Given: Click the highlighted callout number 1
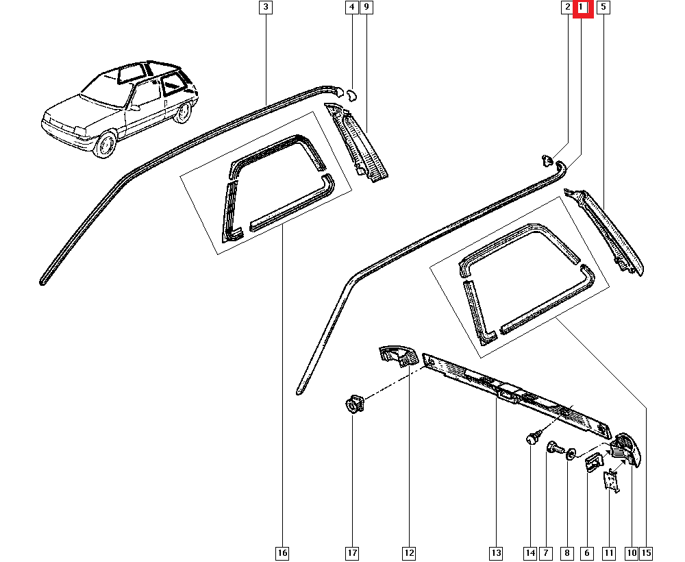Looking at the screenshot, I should pos(583,8).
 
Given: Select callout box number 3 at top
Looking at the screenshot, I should pos(266,8).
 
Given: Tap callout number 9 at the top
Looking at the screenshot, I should pos(366,8).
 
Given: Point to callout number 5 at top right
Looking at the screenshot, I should pos(603,8).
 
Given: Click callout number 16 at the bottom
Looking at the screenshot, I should pos(282,552).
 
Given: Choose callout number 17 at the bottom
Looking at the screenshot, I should pos(351,552).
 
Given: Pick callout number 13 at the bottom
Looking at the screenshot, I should pos(495,552).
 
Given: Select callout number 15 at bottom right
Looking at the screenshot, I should pos(647,552).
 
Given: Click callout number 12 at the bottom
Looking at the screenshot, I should pos(408,552).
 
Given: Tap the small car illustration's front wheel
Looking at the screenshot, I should pos(105,145).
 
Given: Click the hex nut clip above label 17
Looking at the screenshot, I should pos(352,404).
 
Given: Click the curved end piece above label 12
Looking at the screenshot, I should pos(397,355).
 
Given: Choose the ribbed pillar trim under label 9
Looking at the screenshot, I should pos(360,144).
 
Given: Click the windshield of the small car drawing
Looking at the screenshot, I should pos(101,91).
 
